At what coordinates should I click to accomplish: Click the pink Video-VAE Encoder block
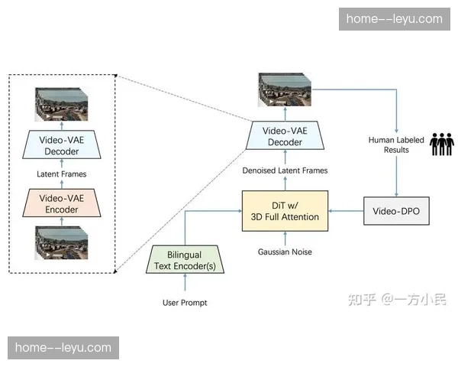pos(63,204)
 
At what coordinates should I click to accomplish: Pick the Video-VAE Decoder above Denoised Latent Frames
pos(284,136)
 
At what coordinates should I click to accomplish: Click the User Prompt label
pos(185,303)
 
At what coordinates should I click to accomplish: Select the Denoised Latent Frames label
pos(285,171)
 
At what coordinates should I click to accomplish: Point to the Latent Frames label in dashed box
pos(62,174)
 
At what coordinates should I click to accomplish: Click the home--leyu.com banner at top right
pos(394,18)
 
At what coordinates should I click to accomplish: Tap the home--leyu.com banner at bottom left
pos(63,348)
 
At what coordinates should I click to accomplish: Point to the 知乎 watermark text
pos(362,299)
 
